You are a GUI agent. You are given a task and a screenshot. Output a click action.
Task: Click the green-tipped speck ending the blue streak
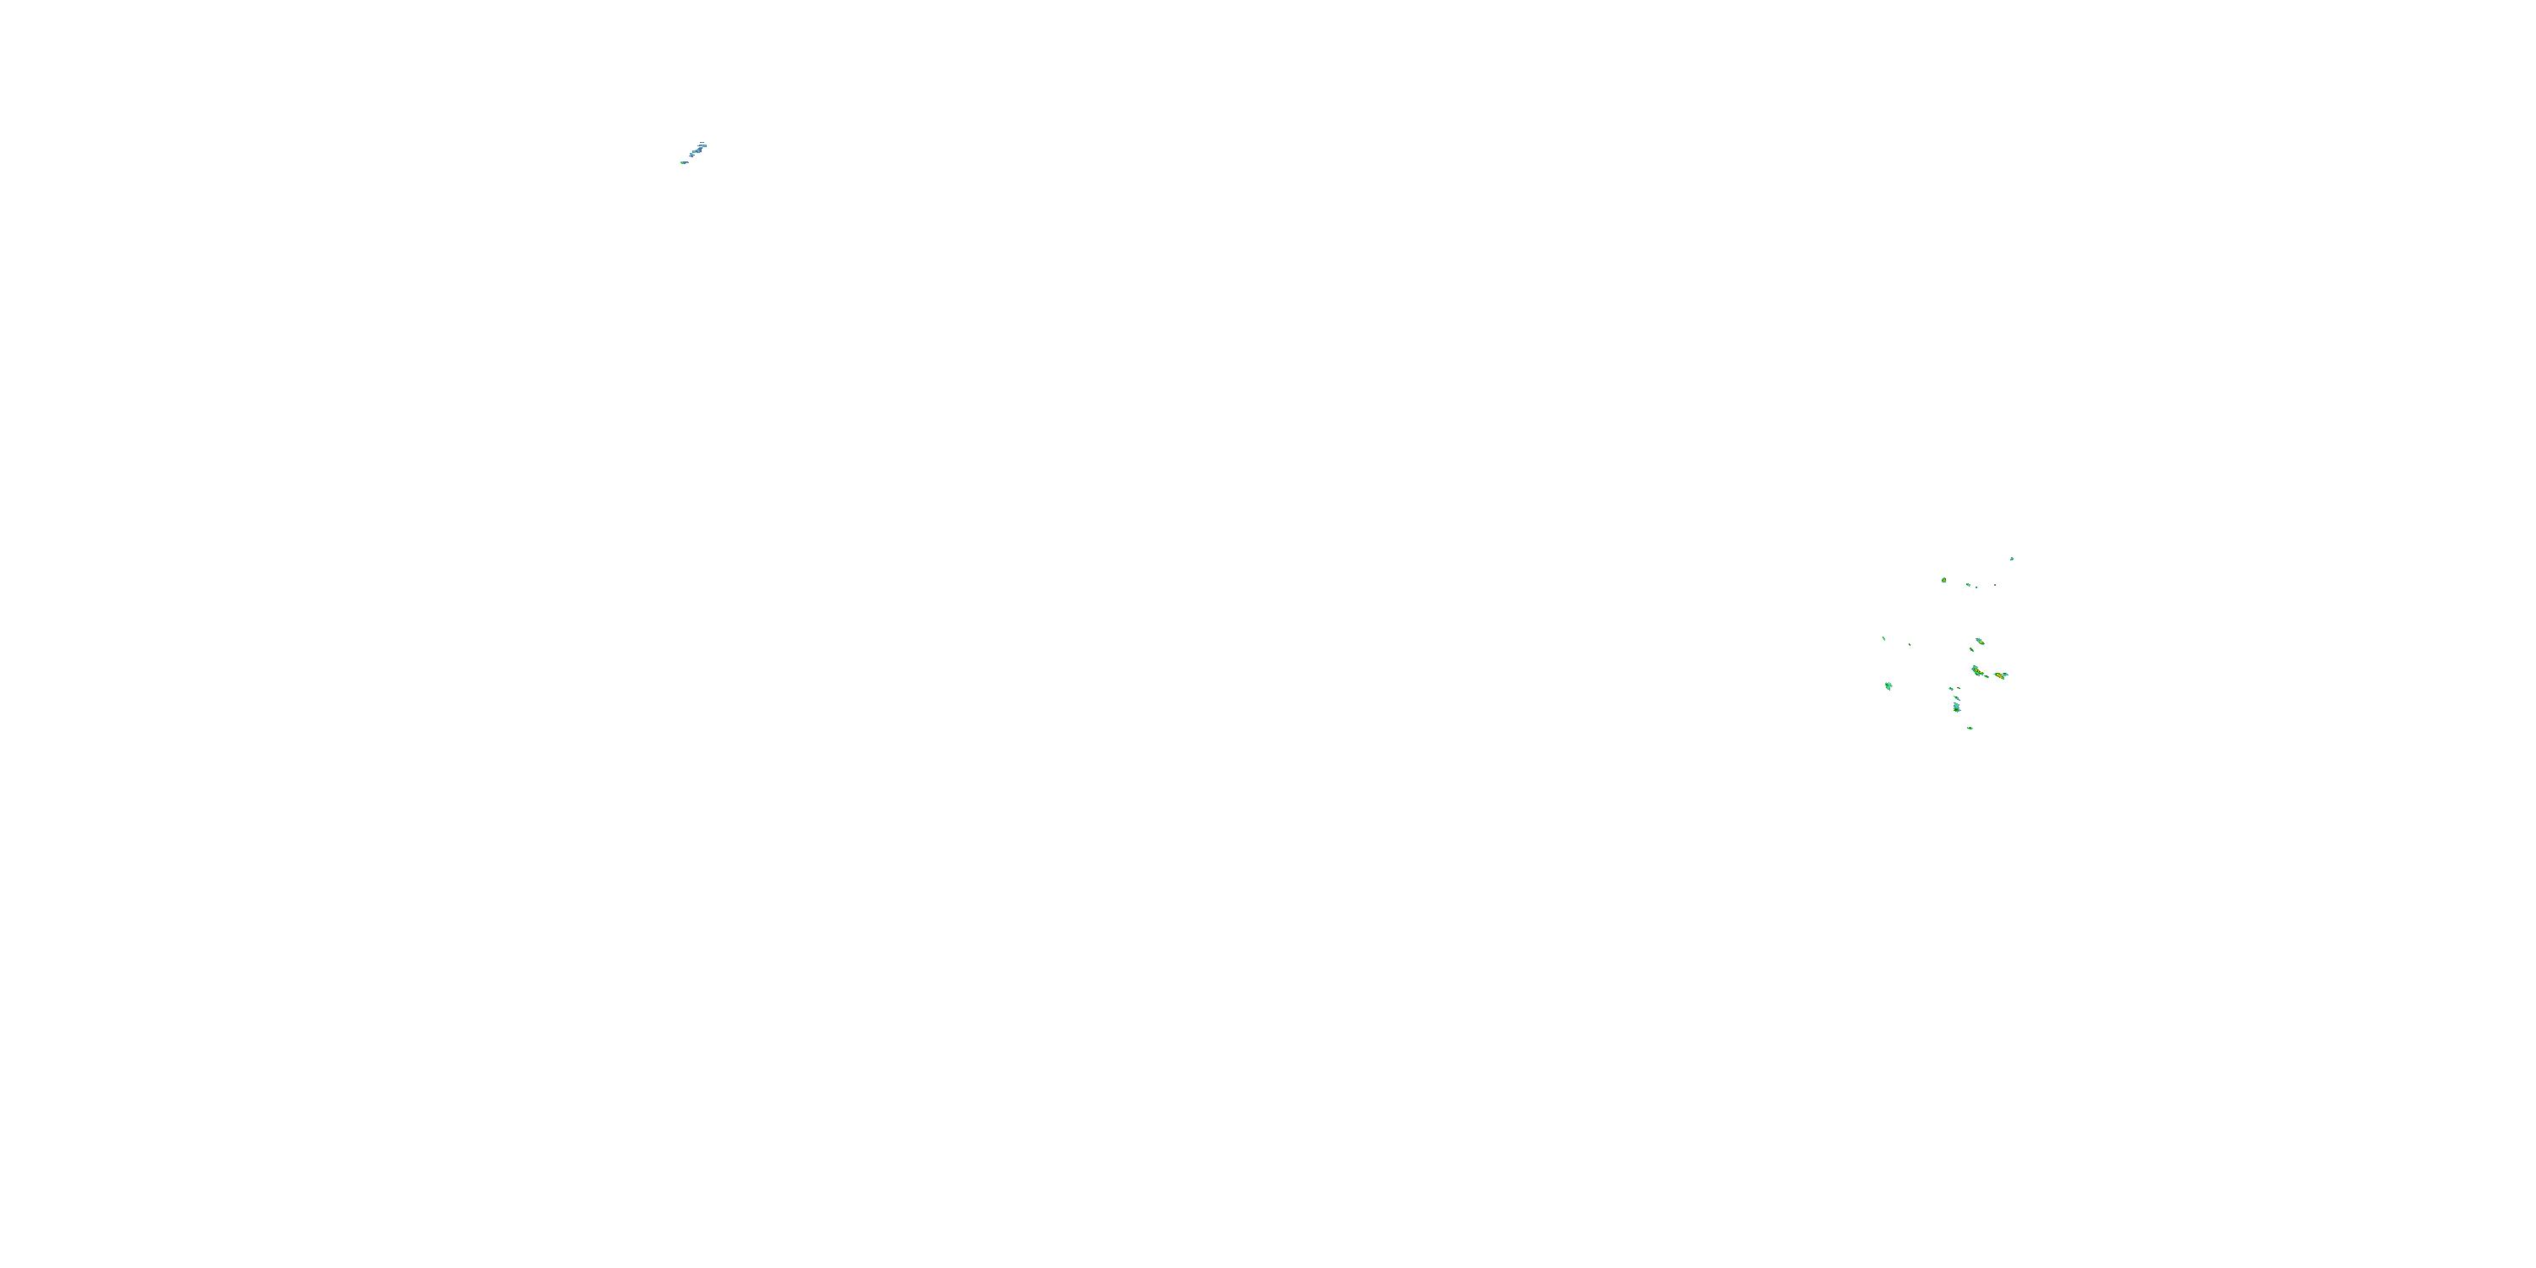[683, 162]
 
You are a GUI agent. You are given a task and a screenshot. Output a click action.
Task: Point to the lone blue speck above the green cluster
[2011, 558]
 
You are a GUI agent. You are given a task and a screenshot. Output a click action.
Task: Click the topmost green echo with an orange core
[1943, 580]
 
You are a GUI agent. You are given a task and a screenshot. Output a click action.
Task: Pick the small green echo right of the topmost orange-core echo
[1968, 585]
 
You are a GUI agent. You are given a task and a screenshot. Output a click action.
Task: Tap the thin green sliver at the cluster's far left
[1884, 639]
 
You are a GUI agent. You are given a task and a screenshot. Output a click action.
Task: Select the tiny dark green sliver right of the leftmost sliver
[1910, 645]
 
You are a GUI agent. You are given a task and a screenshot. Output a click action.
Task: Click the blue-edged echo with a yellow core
[1980, 641]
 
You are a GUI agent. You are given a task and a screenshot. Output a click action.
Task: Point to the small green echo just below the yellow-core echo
[1972, 650]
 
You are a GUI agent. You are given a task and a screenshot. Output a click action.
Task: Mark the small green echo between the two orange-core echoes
[1987, 676]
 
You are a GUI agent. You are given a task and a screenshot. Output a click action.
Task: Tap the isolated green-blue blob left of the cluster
[1888, 686]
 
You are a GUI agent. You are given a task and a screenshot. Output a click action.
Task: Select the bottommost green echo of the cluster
[1970, 728]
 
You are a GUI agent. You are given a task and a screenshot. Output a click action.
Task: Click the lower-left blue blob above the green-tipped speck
[692, 156]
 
